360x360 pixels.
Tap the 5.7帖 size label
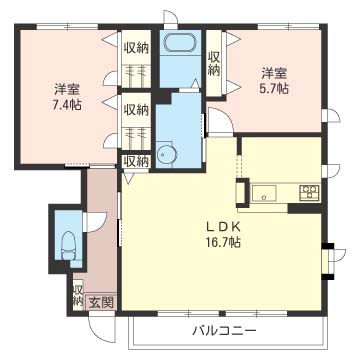click(275, 88)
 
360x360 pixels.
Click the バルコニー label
click(224, 330)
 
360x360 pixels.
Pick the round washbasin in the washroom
click(166, 153)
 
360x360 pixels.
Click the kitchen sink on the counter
click(267, 191)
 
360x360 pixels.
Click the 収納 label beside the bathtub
click(214, 62)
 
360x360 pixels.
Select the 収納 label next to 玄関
click(78, 295)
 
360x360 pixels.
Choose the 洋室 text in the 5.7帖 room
click(275, 72)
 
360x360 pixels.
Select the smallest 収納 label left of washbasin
click(136, 160)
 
